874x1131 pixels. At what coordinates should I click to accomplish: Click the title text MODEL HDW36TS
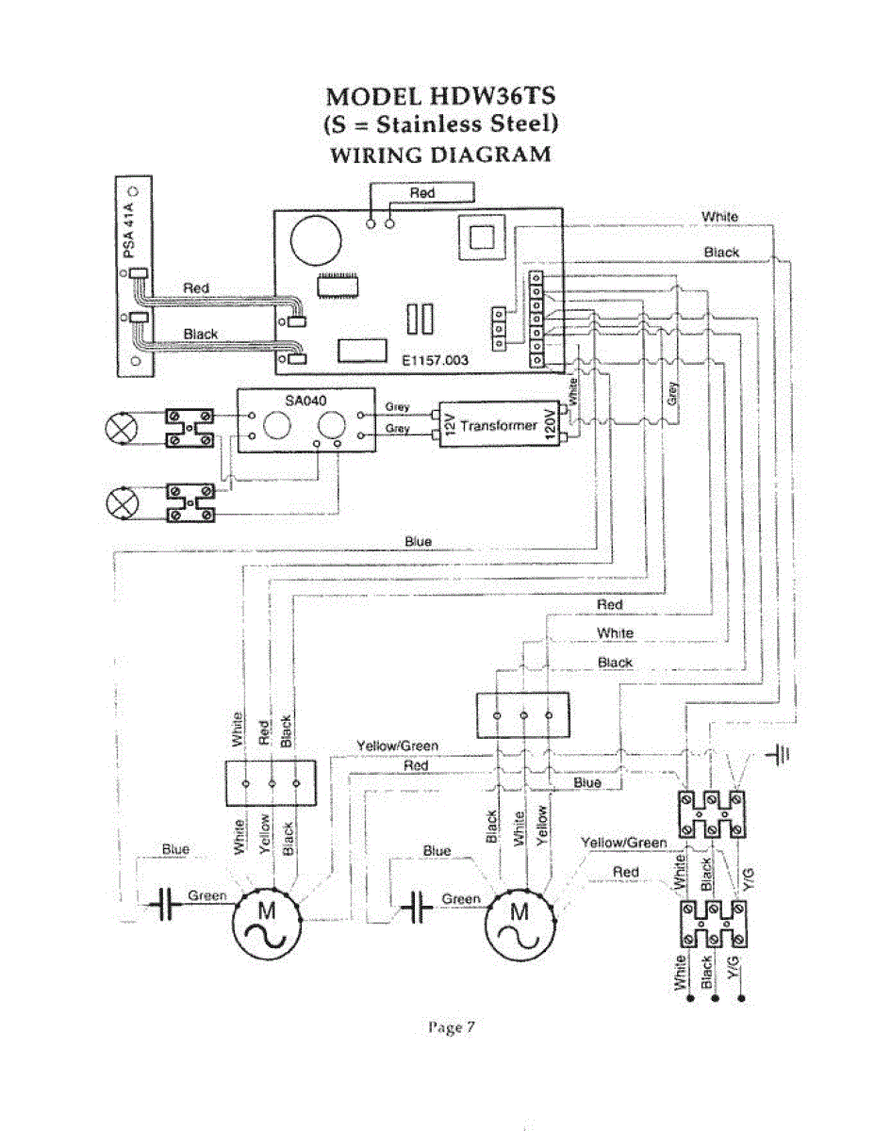pos(437,97)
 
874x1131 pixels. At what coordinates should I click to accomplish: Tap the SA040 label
pos(304,400)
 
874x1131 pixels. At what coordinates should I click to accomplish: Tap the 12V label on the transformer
pos(450,425)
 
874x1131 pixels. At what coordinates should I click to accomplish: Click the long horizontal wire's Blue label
pos(418,542)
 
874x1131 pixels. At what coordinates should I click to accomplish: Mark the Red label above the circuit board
pos(421,193)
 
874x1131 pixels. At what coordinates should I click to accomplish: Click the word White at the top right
pos(719,217)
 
